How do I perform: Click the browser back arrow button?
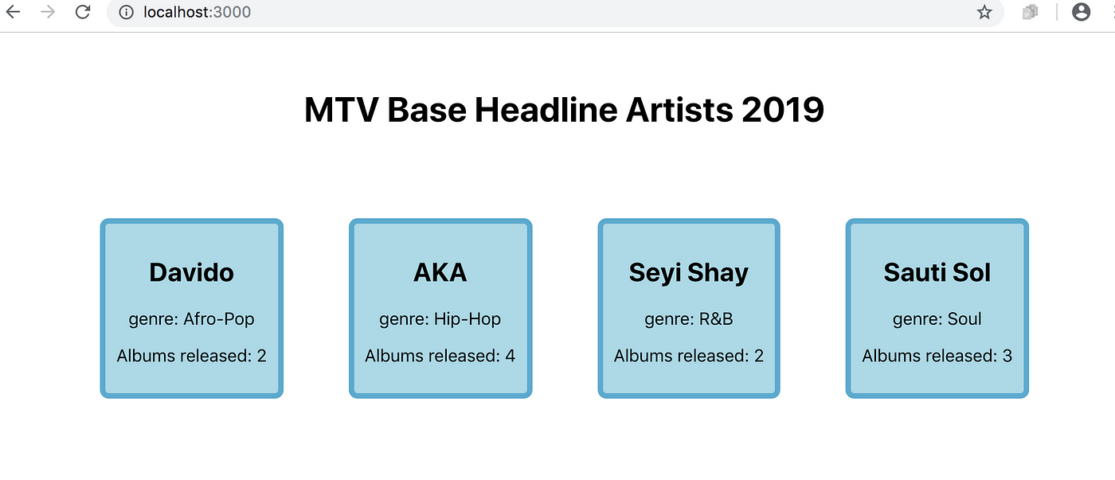point(14,11)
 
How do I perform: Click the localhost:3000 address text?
point(198,12)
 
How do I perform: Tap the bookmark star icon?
point(984,12)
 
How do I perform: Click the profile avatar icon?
point(1081,12)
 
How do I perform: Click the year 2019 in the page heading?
point(782,110)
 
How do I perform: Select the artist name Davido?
point(192,272)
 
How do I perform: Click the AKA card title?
point(440,272)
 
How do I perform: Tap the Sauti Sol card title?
point(937,272)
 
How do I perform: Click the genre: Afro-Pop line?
point(192,319)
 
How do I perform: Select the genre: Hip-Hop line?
point(440,319)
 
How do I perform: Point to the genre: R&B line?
point(688,319)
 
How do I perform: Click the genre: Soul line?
point(937,319)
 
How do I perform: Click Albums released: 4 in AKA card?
point(440,356)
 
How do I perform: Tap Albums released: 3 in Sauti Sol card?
point(937,356)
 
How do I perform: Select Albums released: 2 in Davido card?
point(192,356)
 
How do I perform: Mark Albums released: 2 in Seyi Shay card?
point(688,356)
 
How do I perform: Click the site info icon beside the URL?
point(126,12)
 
